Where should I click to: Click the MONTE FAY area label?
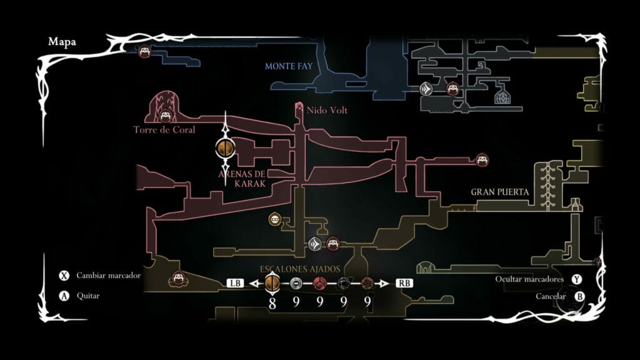point(288,66)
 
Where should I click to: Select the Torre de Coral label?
point(164,130)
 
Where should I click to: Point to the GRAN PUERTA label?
point(500,192)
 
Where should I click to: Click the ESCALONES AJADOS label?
point(300,269)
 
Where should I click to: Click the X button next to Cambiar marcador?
point(64,276)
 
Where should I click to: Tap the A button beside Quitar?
point(64,296)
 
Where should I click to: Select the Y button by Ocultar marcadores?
point(577,279)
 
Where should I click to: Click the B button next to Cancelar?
point(579,296)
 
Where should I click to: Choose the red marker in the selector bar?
point(320,283)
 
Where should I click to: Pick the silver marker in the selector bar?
point(296,283)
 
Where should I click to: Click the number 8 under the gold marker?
point(272,302)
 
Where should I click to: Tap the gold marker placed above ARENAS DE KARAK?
point(225,148)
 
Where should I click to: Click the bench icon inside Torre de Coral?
point(165,116)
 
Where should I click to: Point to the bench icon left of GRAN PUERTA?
point(482,159)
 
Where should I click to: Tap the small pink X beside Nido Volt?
point(299,110)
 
